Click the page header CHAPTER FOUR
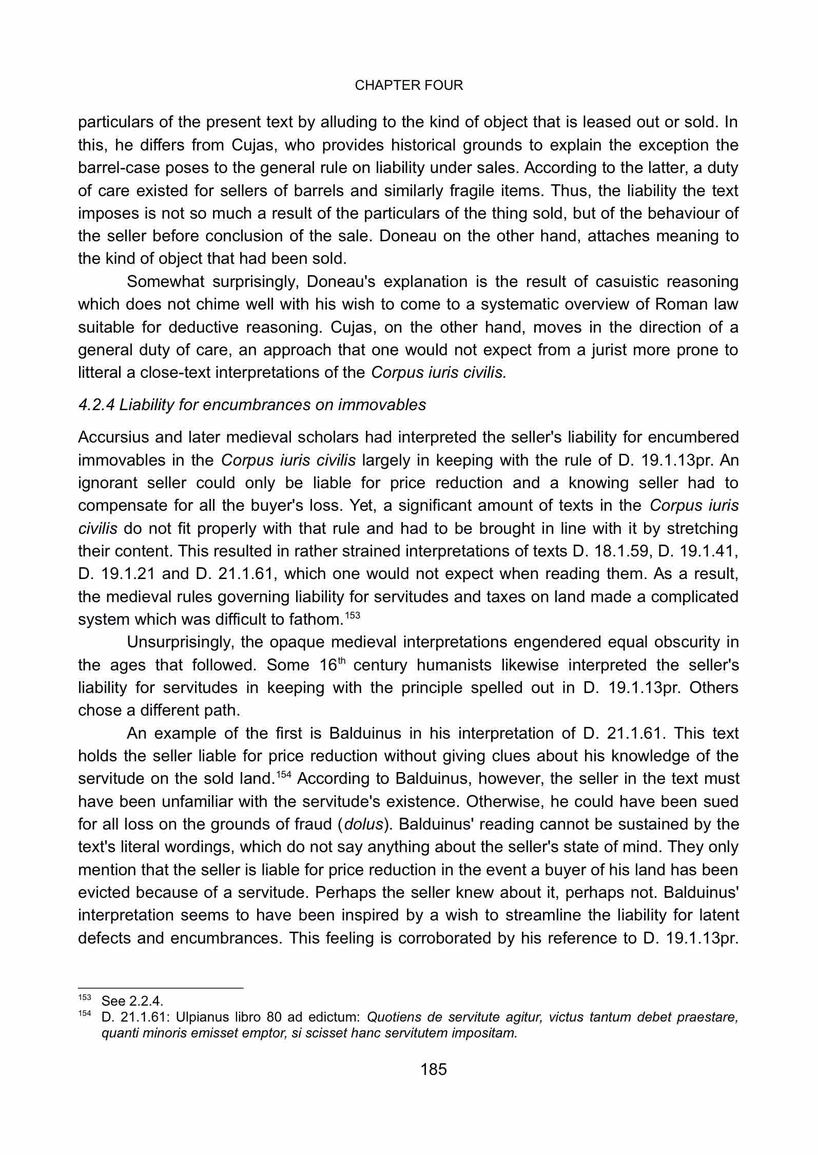tap(408, 86)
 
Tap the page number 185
tap(434, 1070)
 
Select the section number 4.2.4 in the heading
tap(96, 405)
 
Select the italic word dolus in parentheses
tap(363, 824)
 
